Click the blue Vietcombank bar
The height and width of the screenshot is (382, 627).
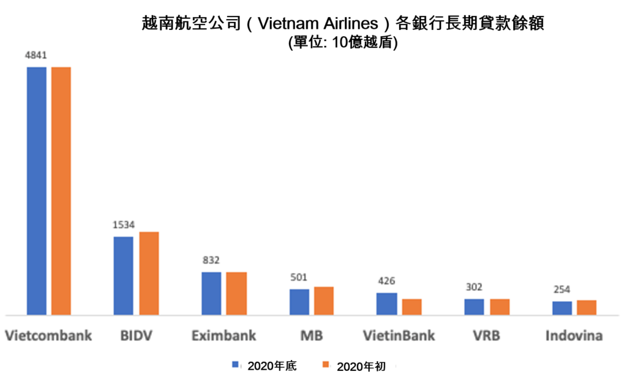pos(36,190)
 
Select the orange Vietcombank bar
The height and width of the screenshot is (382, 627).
pos(61,190)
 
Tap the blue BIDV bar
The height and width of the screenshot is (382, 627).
pos(123,275)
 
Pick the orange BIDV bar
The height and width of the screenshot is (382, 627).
pos(149,273)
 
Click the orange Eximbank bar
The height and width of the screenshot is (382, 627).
pos(236,293)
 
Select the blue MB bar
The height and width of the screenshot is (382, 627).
pos(299,302)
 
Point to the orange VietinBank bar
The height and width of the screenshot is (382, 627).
pos(411,307)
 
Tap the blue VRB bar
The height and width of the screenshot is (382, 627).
pos(474,307)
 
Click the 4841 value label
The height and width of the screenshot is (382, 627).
pos(36,55)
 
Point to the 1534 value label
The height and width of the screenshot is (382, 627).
pos(123,225)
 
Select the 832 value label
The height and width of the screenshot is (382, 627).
pos(211,260)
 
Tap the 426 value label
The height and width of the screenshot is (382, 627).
pos(386,282)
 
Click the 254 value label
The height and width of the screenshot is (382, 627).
pos(562,290)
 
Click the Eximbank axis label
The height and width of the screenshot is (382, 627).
pos(223,335)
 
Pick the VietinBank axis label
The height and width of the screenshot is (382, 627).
pos(399,335)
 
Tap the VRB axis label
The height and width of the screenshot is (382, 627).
pos(486,335)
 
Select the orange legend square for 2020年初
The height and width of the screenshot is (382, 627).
pos(326,365)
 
